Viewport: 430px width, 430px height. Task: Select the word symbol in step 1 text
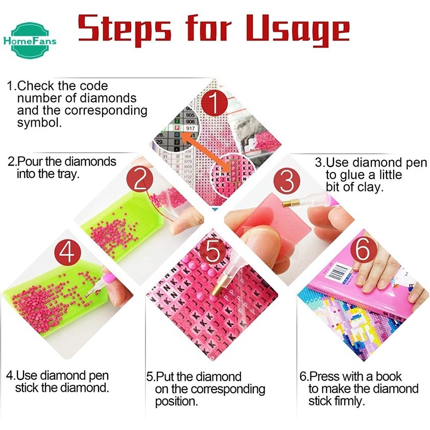39,123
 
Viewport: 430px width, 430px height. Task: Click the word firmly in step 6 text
349,401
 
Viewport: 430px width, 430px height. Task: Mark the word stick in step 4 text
29,388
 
